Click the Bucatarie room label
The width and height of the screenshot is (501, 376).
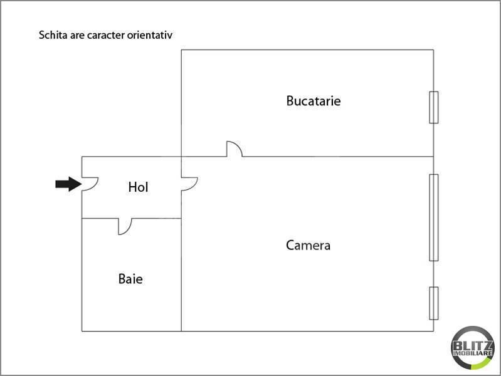click(x=314, y=101)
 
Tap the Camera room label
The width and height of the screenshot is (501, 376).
click(x=308, y=246)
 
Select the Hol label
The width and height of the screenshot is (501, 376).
click(x=138, y=187)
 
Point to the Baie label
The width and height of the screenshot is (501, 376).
click(x=130, y=279)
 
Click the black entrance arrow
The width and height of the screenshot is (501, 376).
click(x=68, y=184)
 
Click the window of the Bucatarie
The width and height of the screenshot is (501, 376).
click(x=433, y=107)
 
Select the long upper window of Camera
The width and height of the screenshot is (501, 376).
click(x=433, y=217)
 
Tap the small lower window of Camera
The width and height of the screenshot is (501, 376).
click(x=433, y=303)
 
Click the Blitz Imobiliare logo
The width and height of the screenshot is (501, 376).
click(x=472, y=348)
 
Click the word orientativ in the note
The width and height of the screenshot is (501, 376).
click(x=150, y=35)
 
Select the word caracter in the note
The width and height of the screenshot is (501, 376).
click(x=106, y=35)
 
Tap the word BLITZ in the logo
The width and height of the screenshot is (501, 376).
click(x=472, y=346)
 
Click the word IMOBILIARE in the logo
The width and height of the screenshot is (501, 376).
click(x=472, y=353)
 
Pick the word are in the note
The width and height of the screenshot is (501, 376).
click(x=77, y=36)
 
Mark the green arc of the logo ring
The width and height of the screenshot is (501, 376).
click(x=484, y=363)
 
